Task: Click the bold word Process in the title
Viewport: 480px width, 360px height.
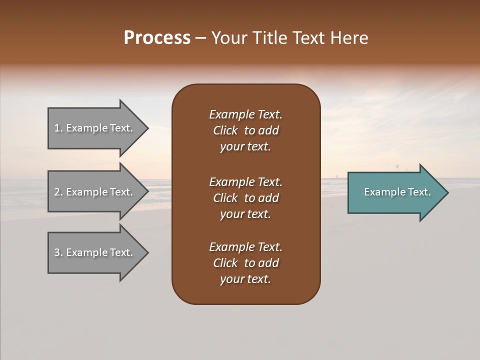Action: click(157, 38)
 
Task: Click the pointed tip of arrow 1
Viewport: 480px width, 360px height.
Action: click(146, 128)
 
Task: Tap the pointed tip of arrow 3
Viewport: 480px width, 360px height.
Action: click(146, 253)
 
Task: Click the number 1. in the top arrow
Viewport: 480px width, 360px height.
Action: click(58, 128)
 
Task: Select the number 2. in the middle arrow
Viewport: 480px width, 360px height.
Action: click(58, 192)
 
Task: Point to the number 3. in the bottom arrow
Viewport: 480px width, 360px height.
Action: click(58, 252)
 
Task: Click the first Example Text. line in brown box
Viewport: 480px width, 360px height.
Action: click(245, 114)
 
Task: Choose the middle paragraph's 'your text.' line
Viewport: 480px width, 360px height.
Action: click(245, 214)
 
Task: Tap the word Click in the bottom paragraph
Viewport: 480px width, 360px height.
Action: click(225, 263)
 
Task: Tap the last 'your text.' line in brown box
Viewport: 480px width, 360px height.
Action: click(245, 279)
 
